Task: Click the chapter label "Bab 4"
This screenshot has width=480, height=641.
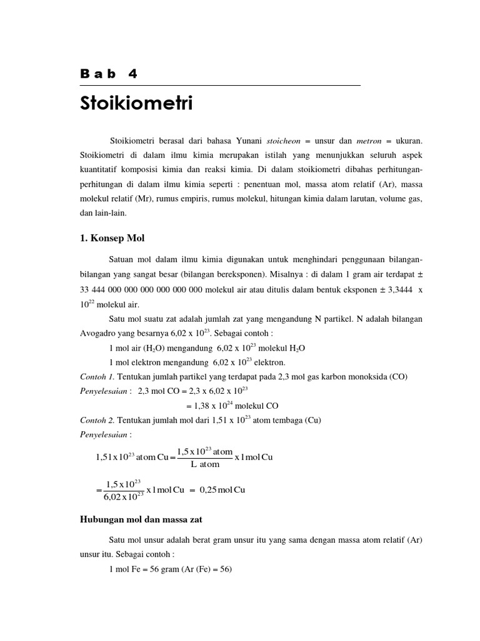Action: click(x=109, y=74)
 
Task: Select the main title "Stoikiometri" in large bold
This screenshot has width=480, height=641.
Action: click(x=136, y=103)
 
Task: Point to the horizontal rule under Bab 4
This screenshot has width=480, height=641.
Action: click(x=220, y=85)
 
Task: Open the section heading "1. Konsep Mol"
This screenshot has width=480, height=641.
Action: click(x=112, y=238)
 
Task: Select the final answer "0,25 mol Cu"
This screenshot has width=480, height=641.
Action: click(x=222, y=490)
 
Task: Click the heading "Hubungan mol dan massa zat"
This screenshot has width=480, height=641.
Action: click(x=141, y=519)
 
